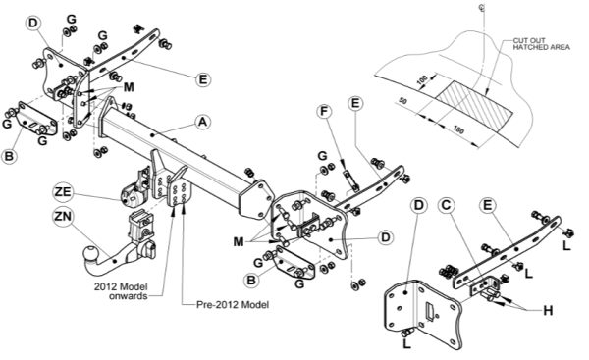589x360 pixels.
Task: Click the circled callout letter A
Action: tap(202, 122)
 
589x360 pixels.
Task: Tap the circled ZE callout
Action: tap(63, 192)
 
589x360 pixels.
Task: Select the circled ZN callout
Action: tap(63, 217)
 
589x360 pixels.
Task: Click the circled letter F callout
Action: tap(324, 112)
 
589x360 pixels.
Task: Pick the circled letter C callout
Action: tap(446, 205)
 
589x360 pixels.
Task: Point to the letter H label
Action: tap(548, 310)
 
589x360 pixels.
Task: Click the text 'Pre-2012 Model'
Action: tap(233, 304)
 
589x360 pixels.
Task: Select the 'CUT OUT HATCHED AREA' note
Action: tap(541, 44)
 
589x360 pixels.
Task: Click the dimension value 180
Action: tap(458, 129)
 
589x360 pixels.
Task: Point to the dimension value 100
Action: tap(422, 79)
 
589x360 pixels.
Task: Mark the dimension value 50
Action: tap(402, 101)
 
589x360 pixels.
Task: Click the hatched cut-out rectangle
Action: tap(475, 106)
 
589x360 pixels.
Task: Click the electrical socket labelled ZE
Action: tap(131, 195)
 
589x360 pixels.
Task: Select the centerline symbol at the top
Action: tap(482, 7)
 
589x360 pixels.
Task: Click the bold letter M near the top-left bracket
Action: tap(128, 87)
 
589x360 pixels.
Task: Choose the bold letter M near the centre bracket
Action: tap(239, 242)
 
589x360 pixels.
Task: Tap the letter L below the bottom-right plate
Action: tap(406, 344)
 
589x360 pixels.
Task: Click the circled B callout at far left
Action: tap(9, 156)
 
